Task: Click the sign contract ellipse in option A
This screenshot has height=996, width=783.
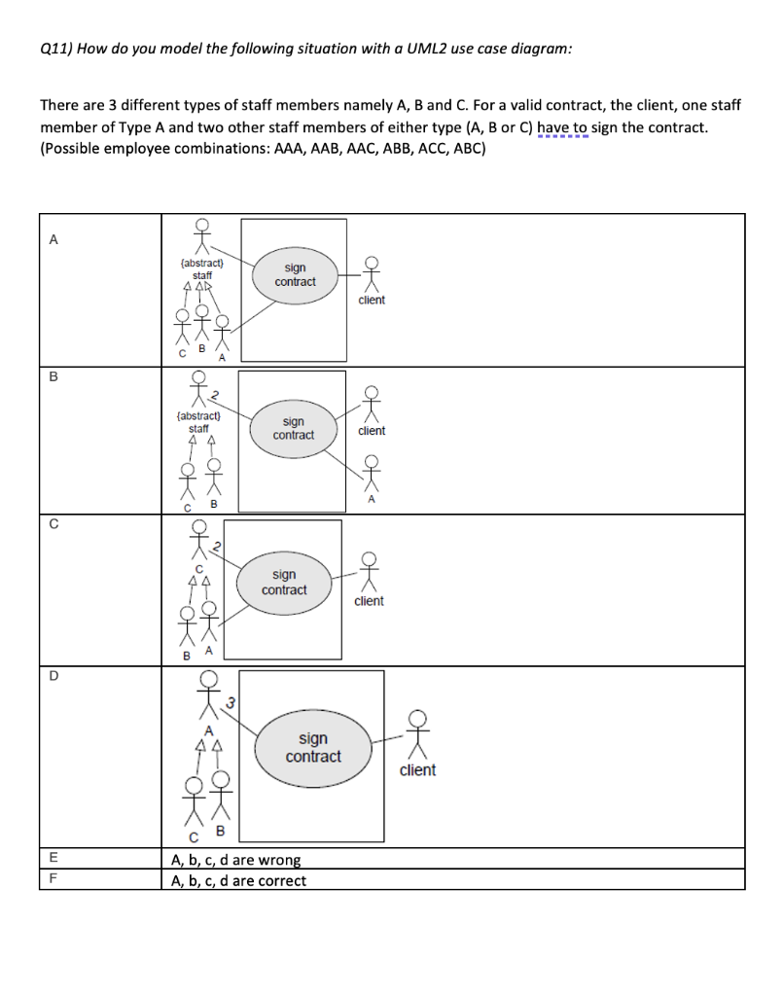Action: (295, 274)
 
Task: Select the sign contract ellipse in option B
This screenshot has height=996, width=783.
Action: (293, 428)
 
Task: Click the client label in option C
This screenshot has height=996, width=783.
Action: (369, 601)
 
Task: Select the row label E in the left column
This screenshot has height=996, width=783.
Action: (53, 859)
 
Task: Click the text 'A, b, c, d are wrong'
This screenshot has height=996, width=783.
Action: (235, 860)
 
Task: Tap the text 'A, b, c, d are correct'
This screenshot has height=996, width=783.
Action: (238, 881)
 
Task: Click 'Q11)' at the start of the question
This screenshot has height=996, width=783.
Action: (56, 50)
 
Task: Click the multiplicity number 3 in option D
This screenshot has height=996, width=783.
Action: (230, 701)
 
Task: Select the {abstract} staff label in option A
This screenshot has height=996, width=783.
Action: (201, 269)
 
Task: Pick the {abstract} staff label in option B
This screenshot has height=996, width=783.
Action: (198, 422)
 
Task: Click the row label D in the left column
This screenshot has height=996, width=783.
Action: (53, 678)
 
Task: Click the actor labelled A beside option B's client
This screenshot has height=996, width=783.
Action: (371, 476)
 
